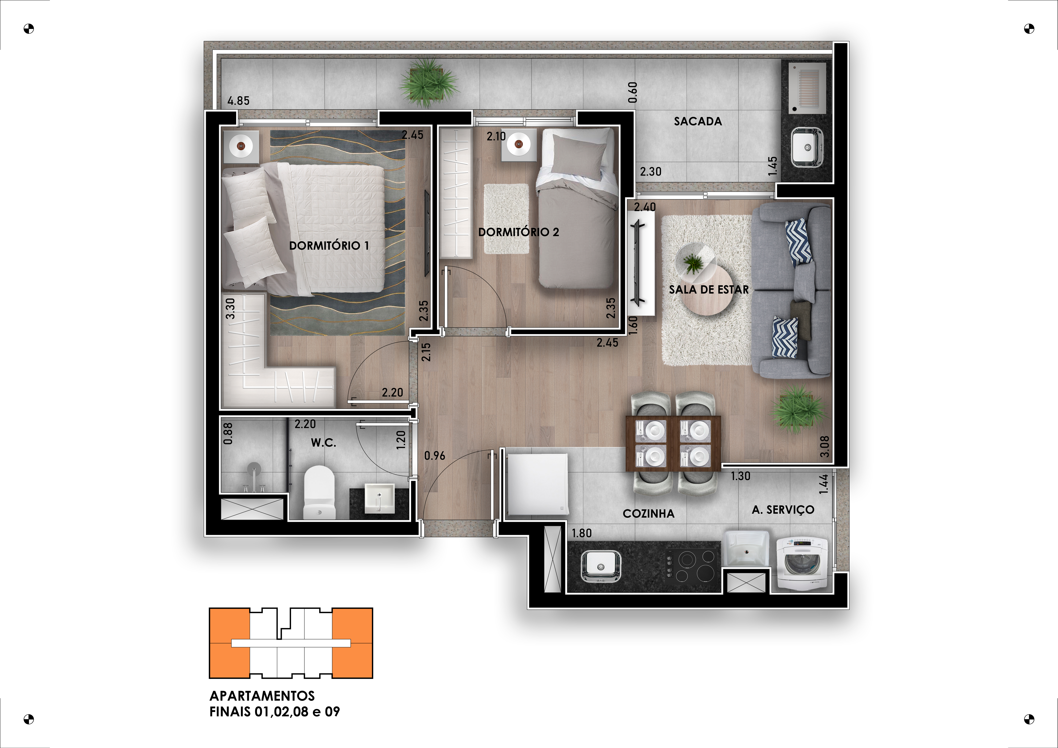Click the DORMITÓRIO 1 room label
pyautogui.click(x=329, y=246)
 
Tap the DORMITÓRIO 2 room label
pyautogui.click(x=518, y=232)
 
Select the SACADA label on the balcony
pyautogui.click(x=698, y=121)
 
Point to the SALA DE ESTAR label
pyautogui.click(x=709, y=289)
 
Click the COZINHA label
pyautogui.click(x=648, y=513)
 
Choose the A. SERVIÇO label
pyautogui.click(x=783, y=510)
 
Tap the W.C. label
pyautogui.click(x=323, y=443)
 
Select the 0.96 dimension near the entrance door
pyautogui.click(x=435, y=456)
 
